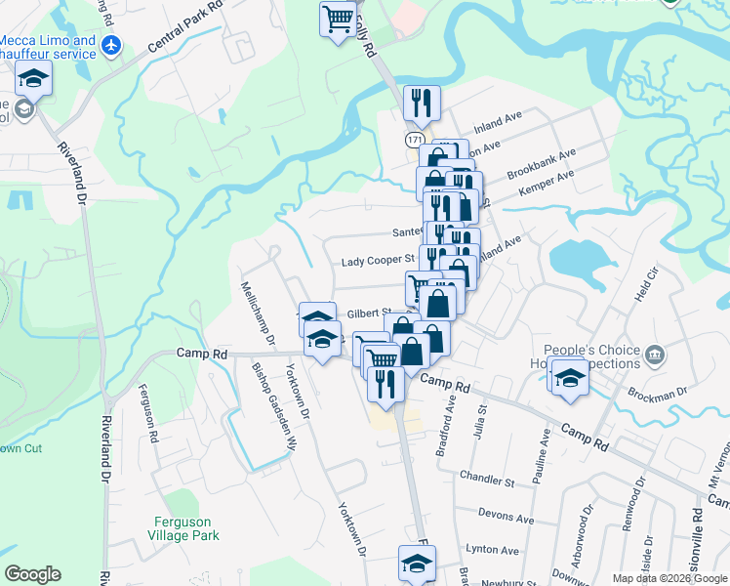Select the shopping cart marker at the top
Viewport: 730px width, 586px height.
point(338,19)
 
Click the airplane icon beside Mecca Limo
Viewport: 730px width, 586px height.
point(111,45)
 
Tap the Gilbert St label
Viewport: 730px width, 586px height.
point(369,314)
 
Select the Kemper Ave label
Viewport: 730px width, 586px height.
point(547,183)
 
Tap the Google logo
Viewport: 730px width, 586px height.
point(32,574)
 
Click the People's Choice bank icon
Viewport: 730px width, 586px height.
point(655,353)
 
